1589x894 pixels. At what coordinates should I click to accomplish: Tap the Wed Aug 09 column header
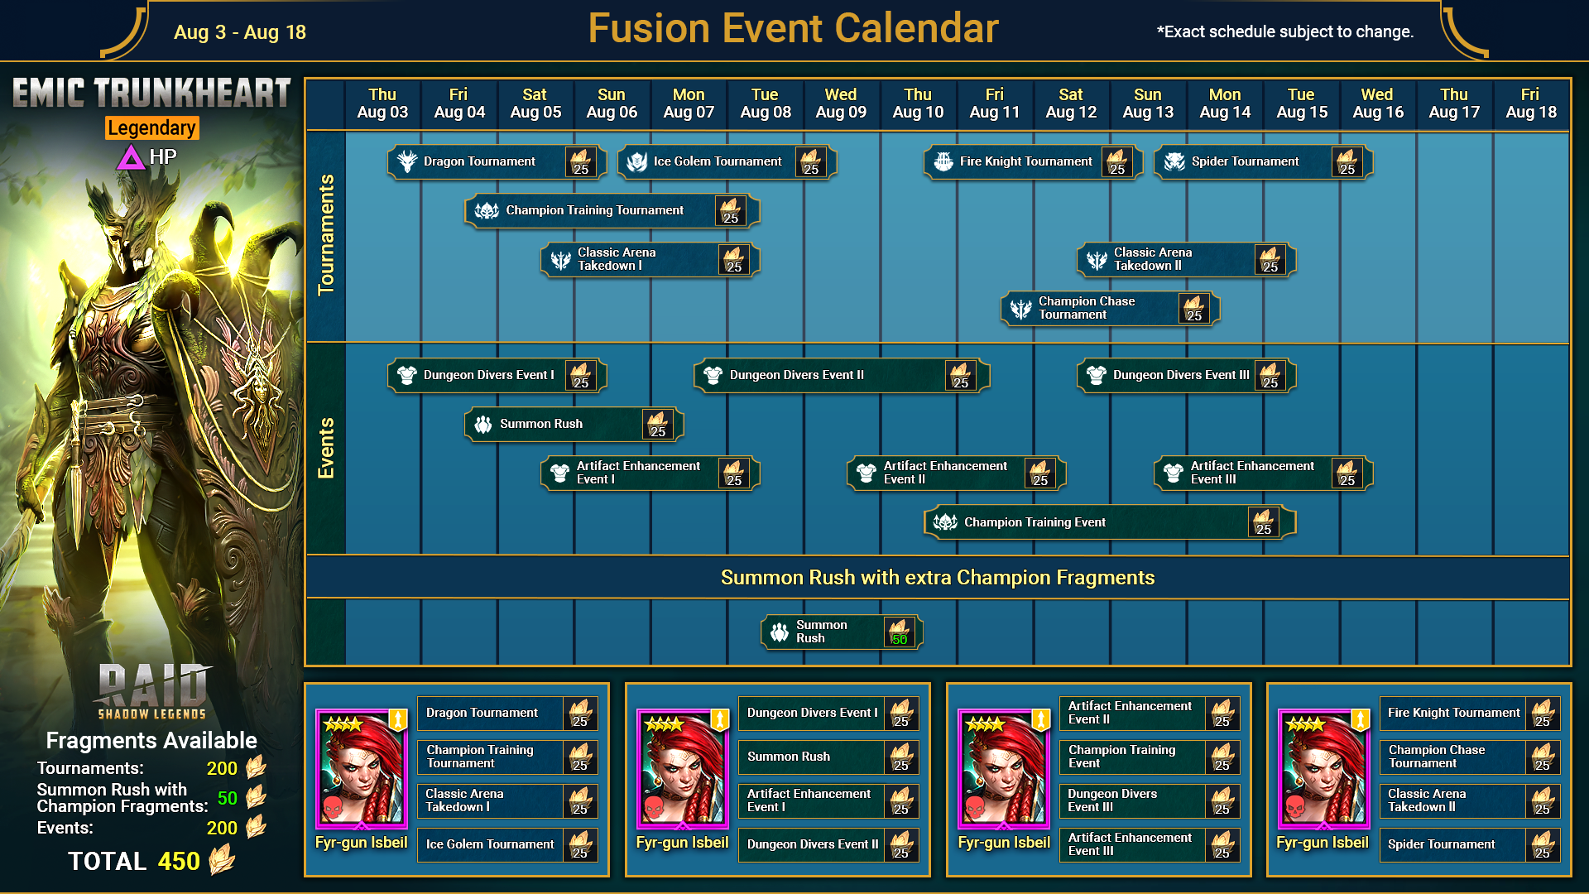[x=841, y=103]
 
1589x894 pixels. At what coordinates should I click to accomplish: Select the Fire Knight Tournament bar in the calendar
[x=1033, y=161]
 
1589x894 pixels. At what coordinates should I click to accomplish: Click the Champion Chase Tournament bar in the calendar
[x=1110, y=309]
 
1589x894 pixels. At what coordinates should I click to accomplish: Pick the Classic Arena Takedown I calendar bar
[x=650, y=260]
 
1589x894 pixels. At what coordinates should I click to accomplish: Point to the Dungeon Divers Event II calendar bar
[x=842, y=375]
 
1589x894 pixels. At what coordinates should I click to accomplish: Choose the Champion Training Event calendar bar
[x=1110, y=522]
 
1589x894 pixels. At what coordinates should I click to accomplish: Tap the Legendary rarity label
[x=151, y=128]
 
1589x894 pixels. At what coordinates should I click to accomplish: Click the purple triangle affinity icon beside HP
[x=131, y=157]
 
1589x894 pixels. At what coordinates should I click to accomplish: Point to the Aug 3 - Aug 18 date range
[x=240, y=32]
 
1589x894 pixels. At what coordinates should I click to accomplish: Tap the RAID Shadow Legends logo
[x=152, y=691]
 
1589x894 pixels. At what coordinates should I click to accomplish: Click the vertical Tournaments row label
[x=326, y=235]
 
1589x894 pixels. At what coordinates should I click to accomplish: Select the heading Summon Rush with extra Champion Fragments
[x=938, y=578]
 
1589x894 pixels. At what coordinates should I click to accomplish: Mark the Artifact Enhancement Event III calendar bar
[x=1263, y=473]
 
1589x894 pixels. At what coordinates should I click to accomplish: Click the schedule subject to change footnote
[x=1285, y=32]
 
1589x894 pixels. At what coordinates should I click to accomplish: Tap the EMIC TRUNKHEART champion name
[x=151, y=92]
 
